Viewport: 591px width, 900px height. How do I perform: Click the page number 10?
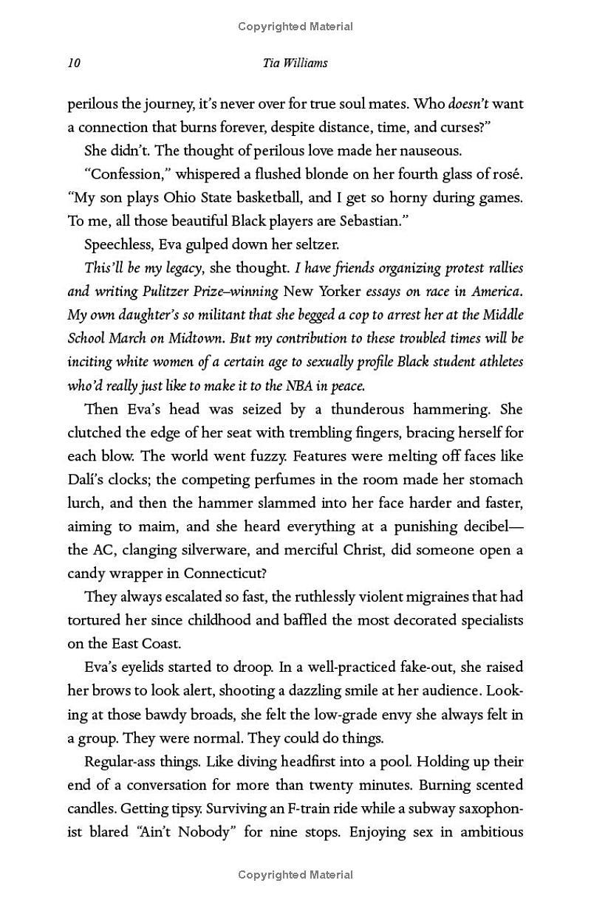pyautogui.click(x=74, y=63)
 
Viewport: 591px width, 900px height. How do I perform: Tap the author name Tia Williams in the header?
pyautogui.click(x=295, y=63)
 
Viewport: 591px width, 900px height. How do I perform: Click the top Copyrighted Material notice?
pyautogui.click(x=295, y=27)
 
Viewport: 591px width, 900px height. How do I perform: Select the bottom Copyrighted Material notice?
pyautogui.click(x=295, y=875)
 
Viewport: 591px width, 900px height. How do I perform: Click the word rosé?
pyautogui.click(x=507, y=174)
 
